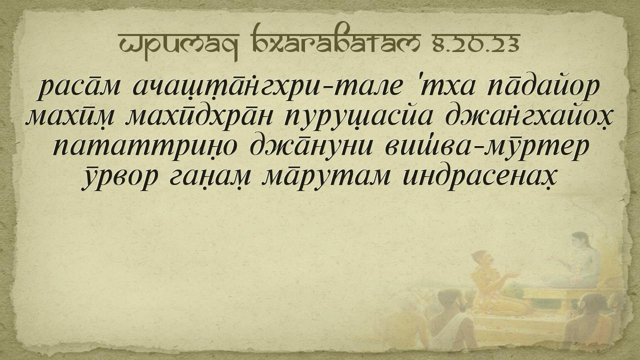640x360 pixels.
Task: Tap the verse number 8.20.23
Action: tap(476, 43)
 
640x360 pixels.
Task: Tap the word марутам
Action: tap(326, 177)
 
